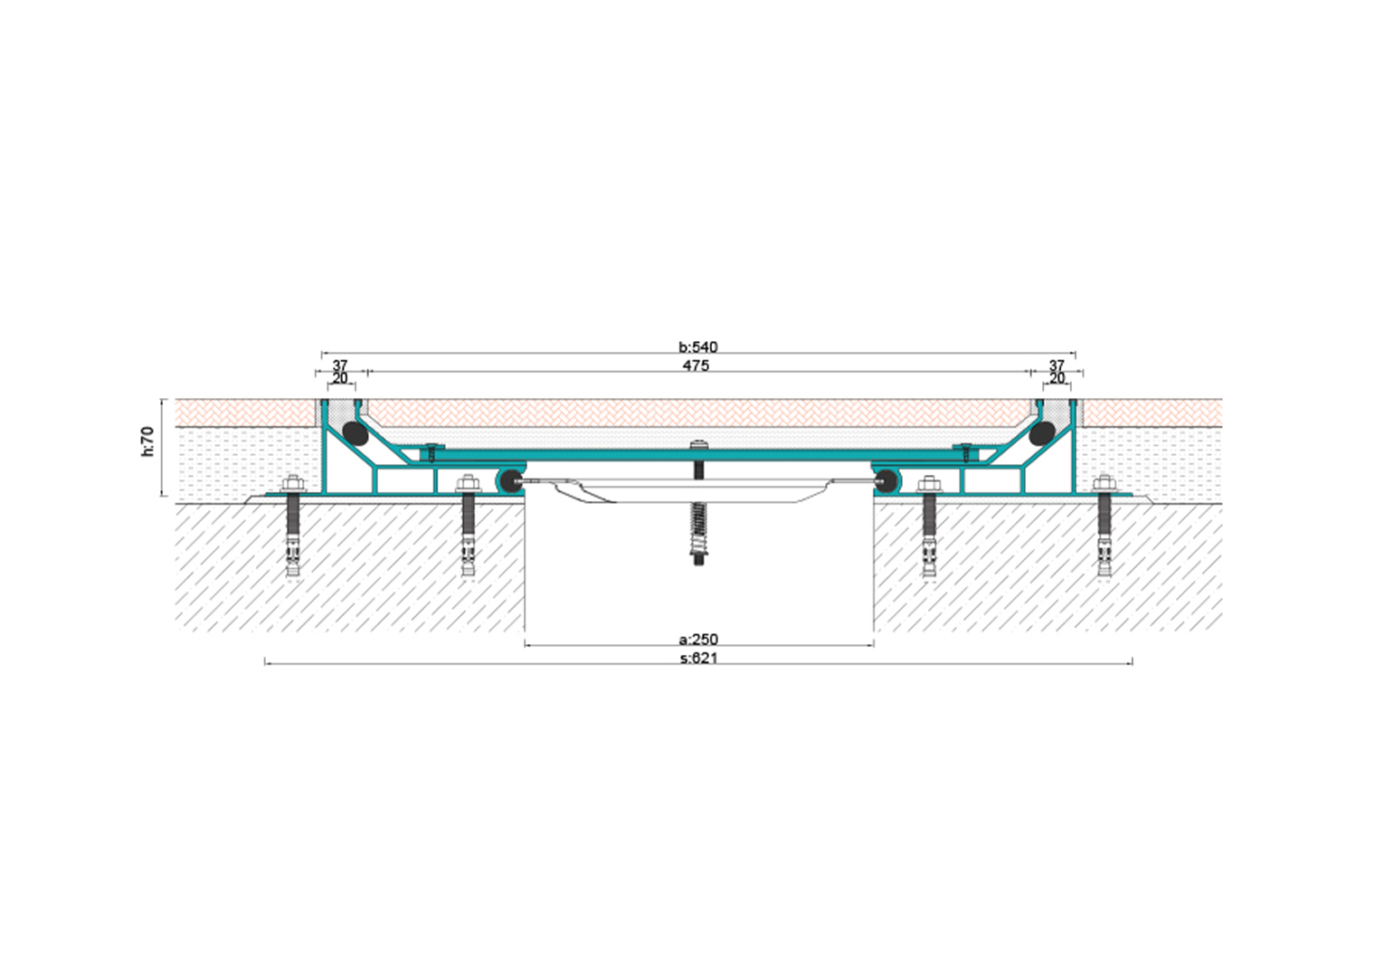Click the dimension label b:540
pyautogui.click(x=698, y=347)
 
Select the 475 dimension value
pyautogui.click(x=696, y=365)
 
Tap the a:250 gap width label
pyautogui.click(x=698, y=639)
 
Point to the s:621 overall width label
pyautogui.click(x=699, y=659)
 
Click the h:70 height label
pyautogui.click(x=147, y=441)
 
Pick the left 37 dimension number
pyautogui.click(x=340, y=365)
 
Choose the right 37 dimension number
pyautogui.click(x=1057, y=365)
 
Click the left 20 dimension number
pyautogui.click(x=340, y=377)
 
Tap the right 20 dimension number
pyautogui.click(x=1057, y=377)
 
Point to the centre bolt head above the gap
pyautogui.click(x=698, y=443)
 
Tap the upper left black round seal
pyautogui.click(x=355, y=433)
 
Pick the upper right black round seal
pyautogui.click(x=1042, y=433)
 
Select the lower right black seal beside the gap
pyautogui.click(x=886, y=480)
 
